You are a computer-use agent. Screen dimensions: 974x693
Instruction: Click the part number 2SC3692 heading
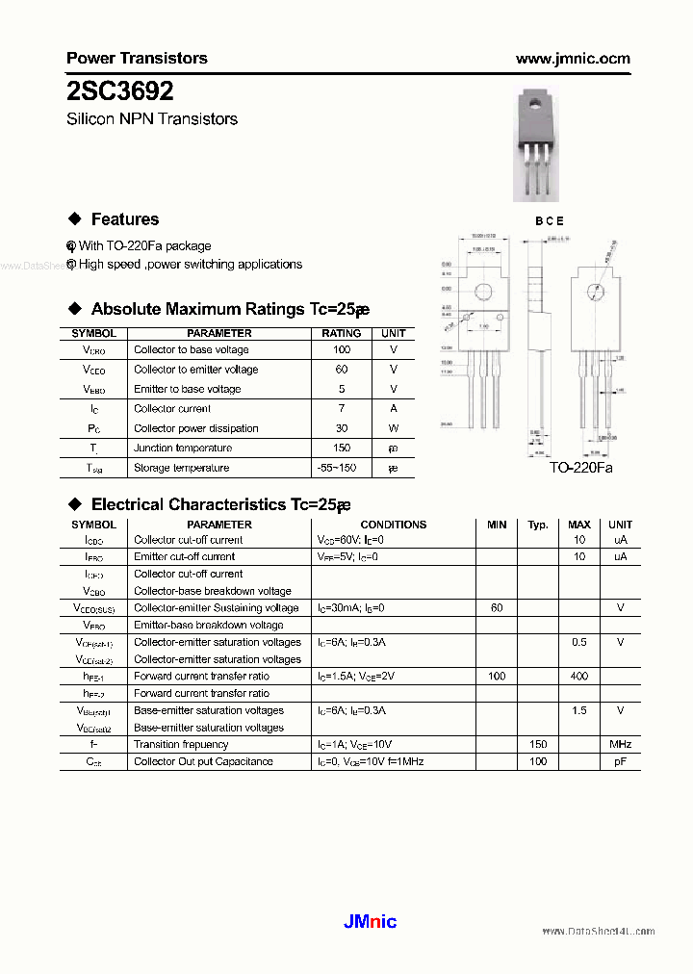pyautogui.click(x=120, y=90)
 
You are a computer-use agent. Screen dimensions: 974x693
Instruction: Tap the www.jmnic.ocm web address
pyautogui.click(x=573, y=59)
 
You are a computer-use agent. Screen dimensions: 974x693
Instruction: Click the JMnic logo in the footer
pyautogui.click(x=370, y=921)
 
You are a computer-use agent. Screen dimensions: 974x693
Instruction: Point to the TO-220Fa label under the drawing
pyautogui.click(x=580, y=467)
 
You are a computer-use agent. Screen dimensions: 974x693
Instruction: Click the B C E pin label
pyautogui.click(x=549, y=220)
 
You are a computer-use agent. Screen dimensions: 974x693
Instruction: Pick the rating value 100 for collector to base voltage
pyautogui.click(x=342, y=350)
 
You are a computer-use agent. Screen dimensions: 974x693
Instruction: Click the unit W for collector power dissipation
pyautogui.click(x=393, y=428)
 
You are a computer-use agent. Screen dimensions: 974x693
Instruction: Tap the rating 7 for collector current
pyautogui.click(x=342, y=409)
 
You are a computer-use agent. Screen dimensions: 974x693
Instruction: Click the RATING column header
pyautogui.click(x=342, y=333)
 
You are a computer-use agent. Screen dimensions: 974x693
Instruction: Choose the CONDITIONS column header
pyautogui.click(x=393, y=525)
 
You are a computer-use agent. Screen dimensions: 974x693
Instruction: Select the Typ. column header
pyautogui.click(x=537, y=525)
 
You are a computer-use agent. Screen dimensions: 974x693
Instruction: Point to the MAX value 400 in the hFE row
pyautogui.click(x=579, y=677)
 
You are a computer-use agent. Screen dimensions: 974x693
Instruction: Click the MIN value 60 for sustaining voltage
pyautogui.click(x=497, y=608)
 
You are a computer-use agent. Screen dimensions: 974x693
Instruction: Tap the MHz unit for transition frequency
pyautogui.click(x=620, y=744)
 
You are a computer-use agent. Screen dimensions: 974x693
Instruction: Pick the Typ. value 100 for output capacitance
pyautogui.click(x=538, y=761)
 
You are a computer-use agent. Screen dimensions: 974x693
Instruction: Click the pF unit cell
pyautogui.click(x=620, y=761)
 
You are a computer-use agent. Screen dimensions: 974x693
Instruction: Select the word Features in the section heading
pyautogui.click(x=125, y=219)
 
